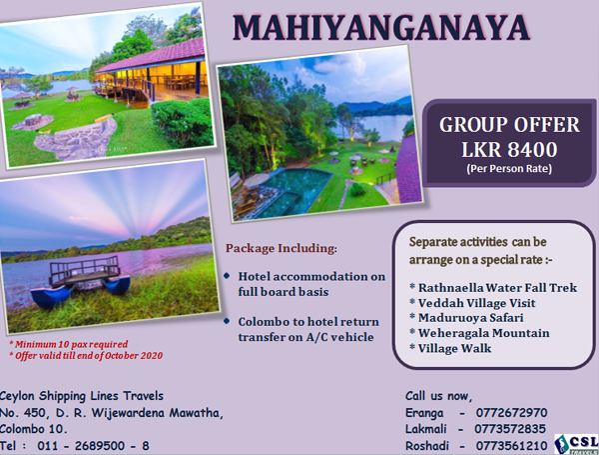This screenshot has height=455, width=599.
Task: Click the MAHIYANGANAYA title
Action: pyautogui.click(x=381, y=28)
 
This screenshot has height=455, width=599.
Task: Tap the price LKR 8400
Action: pyautogui.click(x=509, y=149)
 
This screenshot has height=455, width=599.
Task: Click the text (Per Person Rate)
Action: pyautogui.click(x=509, y=168)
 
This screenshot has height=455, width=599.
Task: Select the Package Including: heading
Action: pyautogui.click(x=282, y=248)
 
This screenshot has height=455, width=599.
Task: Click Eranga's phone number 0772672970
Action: pyautogui.click(x=511, y=413)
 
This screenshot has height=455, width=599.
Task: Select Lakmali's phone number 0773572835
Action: pyautogui.click(x=510, y=429)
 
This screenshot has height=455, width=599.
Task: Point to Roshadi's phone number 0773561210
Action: pyautogui.click(x=511, y=446)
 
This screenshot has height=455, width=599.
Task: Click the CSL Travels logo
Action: pyautogui.click(x=576, y=444)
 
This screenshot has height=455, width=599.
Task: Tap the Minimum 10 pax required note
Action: pyautogui.click(x=69, y=344)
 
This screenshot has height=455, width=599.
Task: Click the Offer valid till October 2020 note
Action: pyautogui.click(x=86, y=356)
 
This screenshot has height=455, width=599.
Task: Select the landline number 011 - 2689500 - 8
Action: pyautogui.click(x=93, y=446)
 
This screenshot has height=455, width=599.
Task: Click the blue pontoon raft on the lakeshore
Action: pyautogui.click(x=81, y=281)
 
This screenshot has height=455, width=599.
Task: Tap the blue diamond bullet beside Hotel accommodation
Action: pyautogui.click(x=228, y=276)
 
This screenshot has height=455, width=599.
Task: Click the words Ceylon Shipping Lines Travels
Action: pyautogui.click(x=82, y=396)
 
